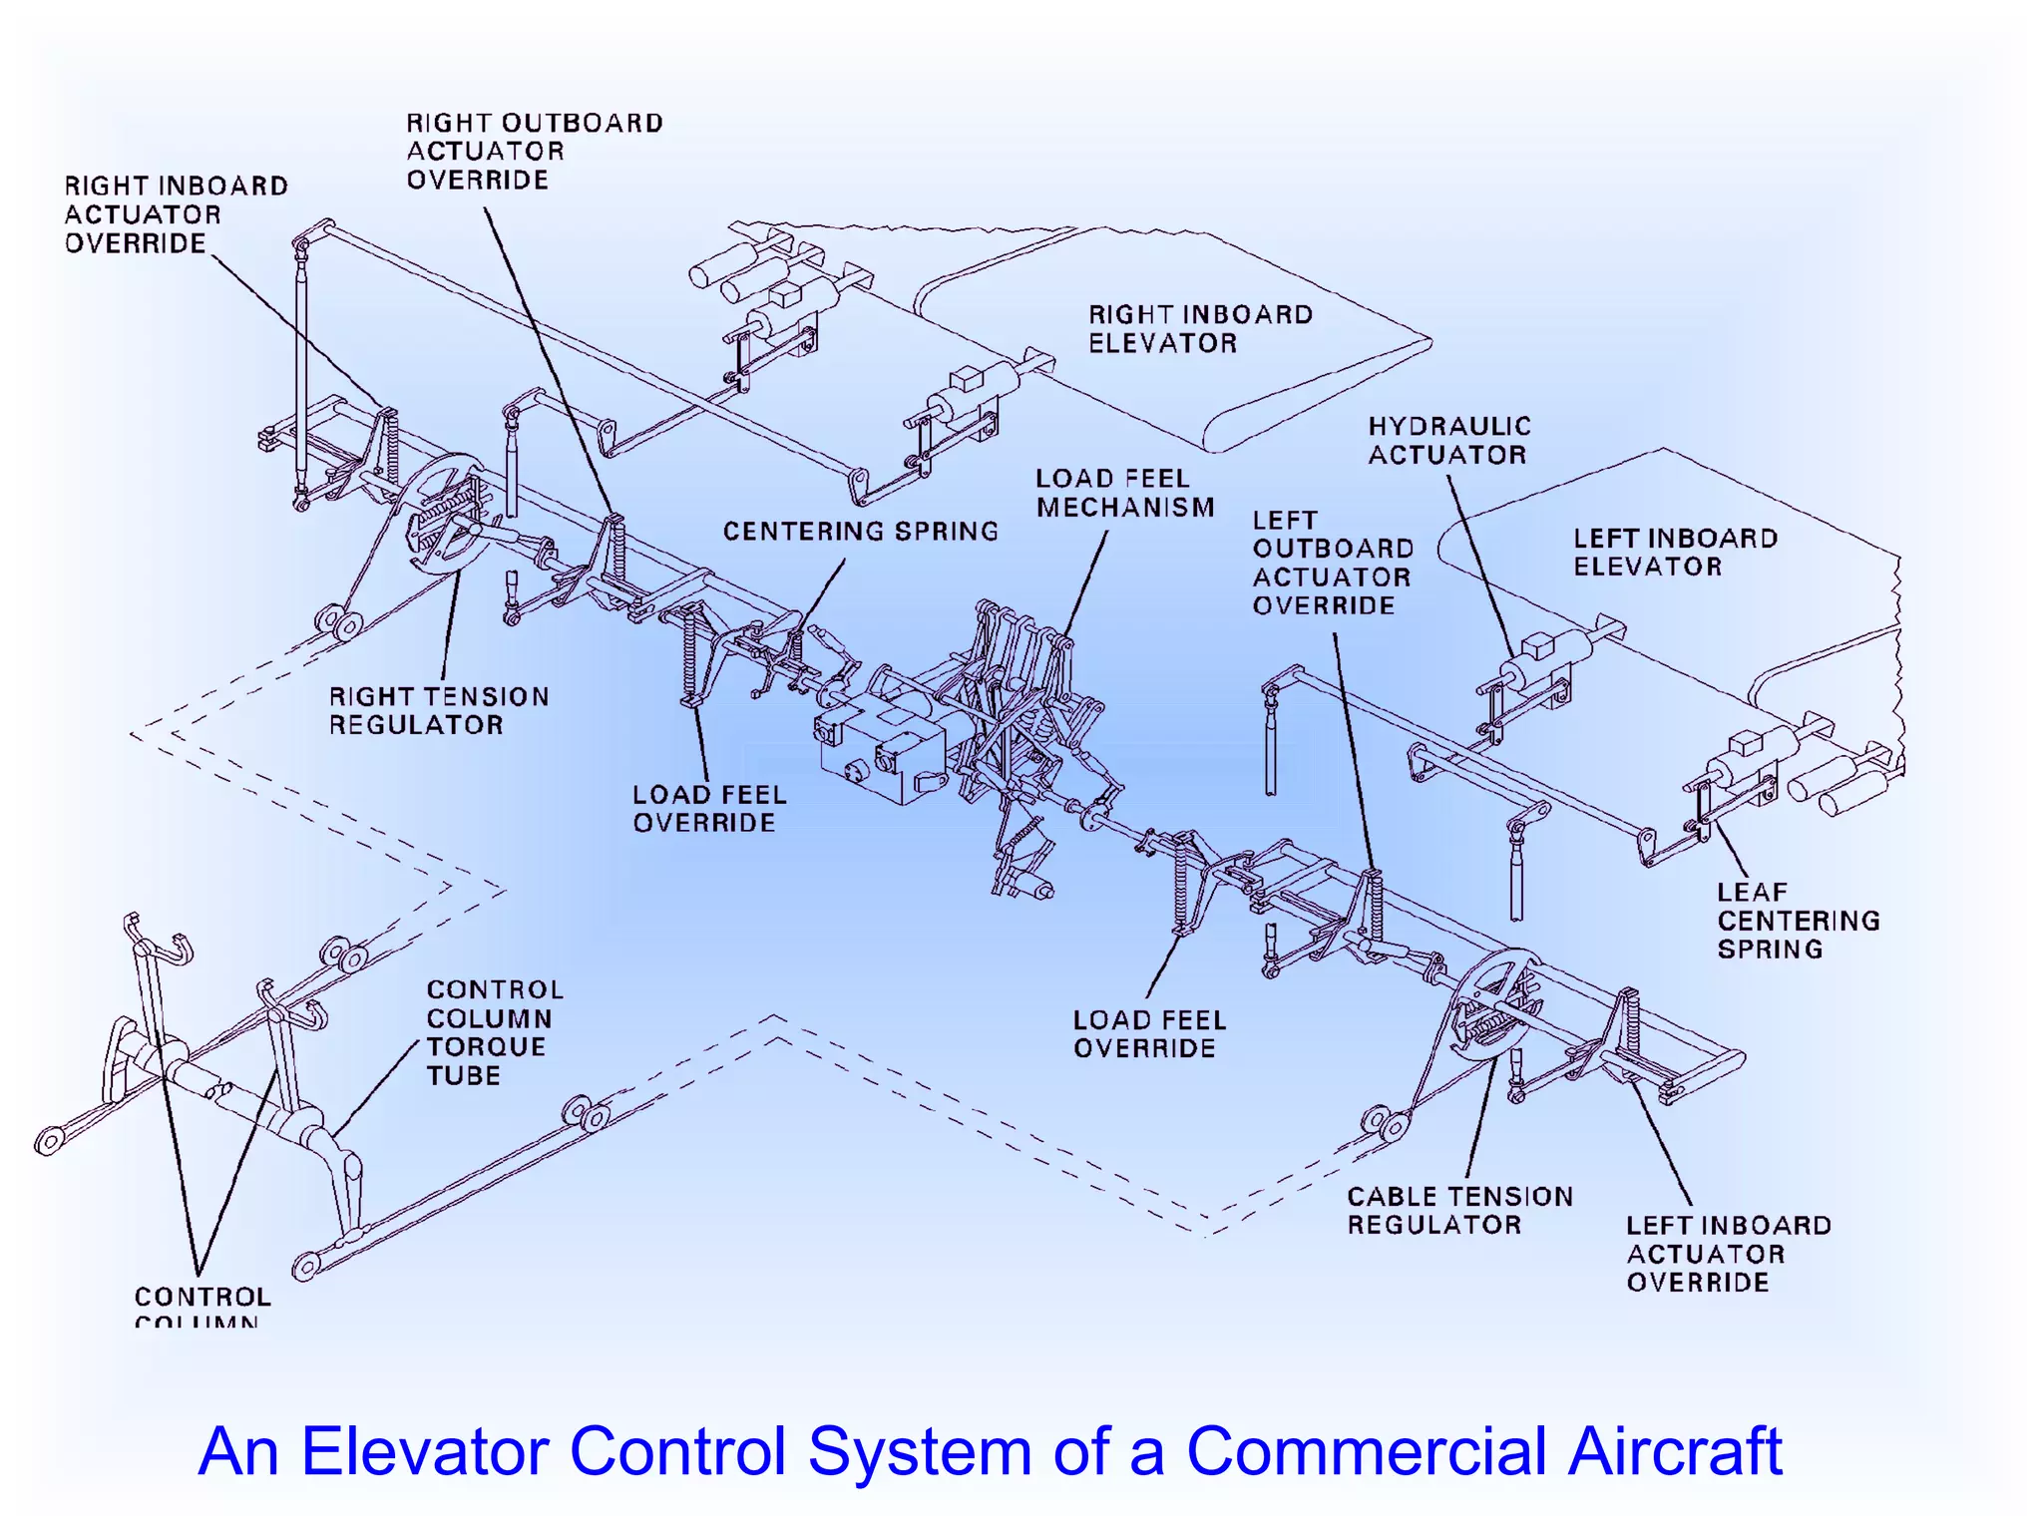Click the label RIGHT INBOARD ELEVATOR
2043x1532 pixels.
tap(1199, 329)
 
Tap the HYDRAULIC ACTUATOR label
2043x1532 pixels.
tap(1448, 441)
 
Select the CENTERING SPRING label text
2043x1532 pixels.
tap(860, 532)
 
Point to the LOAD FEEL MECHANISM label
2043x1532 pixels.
tap(1124, 493)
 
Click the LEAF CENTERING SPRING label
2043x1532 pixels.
tap(1798, 921)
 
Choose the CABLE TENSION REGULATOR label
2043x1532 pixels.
tap(1458, 1210)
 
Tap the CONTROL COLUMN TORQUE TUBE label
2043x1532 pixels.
tap(494, 1032)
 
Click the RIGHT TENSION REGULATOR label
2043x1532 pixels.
tap(439, 710)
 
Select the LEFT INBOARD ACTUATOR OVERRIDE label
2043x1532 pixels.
tap(1728, 1254)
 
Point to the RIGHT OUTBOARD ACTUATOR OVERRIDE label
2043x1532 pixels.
tap(534, 152)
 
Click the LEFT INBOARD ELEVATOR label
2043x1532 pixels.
tap(1675, 553)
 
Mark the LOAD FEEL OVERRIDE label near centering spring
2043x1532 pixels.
tap(709, 809)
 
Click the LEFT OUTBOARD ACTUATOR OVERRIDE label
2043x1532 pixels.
tap(1333, 563)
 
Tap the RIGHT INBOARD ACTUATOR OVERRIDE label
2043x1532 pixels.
tap(176, 214)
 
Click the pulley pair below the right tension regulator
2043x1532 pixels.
tap(338, 622)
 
